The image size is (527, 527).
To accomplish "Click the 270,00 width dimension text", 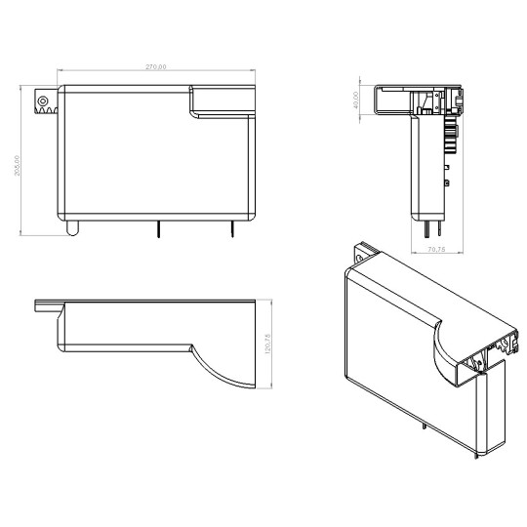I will coord(155,66).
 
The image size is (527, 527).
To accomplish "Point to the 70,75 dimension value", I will coord(436,249).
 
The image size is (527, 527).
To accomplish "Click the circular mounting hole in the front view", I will coord(42,100).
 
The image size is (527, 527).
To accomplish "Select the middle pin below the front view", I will coord(157,228).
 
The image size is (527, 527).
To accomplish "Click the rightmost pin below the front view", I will coord(231,228).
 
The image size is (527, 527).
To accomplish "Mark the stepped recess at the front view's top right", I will coord(220,101).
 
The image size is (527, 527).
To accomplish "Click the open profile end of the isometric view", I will coord(488,356).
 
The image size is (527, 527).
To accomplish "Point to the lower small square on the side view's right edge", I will coord(447,182).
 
